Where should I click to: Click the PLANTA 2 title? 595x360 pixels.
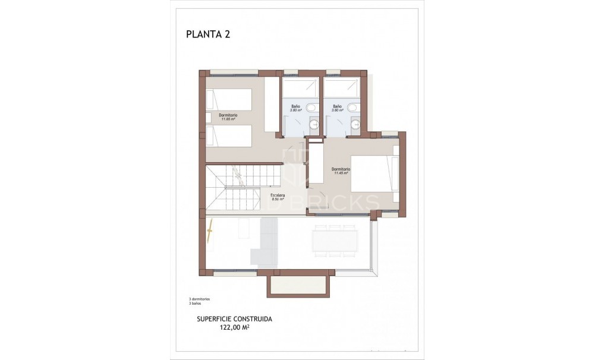(x=208, y=34)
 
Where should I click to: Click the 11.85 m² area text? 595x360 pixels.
(x=228, y=119)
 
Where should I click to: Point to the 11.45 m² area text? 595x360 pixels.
(x=341, y=173)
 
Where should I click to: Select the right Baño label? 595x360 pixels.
(x=338, y=106)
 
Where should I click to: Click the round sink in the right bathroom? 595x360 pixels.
(x=355, y=124)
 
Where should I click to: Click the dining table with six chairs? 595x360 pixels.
(x=335, y=241)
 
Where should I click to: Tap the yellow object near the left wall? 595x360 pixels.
(x=209, y=232)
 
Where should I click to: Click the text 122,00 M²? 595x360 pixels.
(x=234, y=326)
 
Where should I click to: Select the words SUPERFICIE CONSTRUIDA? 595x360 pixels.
(x=234, y=318)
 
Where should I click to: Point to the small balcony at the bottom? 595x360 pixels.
(x=298, y=285)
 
